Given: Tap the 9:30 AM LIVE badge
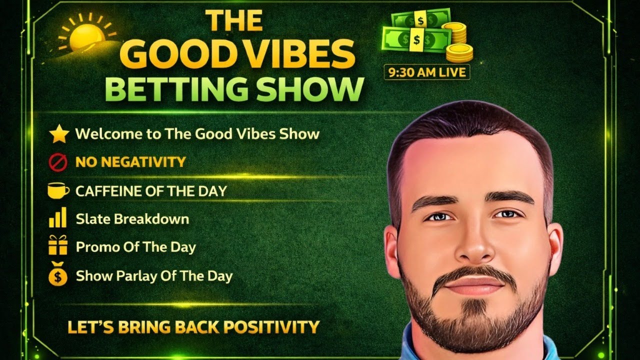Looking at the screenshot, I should (426, 72).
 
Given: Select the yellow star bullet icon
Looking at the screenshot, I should (58, 134).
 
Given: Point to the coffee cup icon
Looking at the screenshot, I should (58, 190).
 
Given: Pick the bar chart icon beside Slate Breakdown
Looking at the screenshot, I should (57, 218).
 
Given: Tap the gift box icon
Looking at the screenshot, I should (58, 246).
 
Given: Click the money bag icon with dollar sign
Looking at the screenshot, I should (58, 275).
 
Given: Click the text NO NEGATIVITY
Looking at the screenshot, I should (130, 162).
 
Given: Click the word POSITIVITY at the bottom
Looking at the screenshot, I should (271, 327).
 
